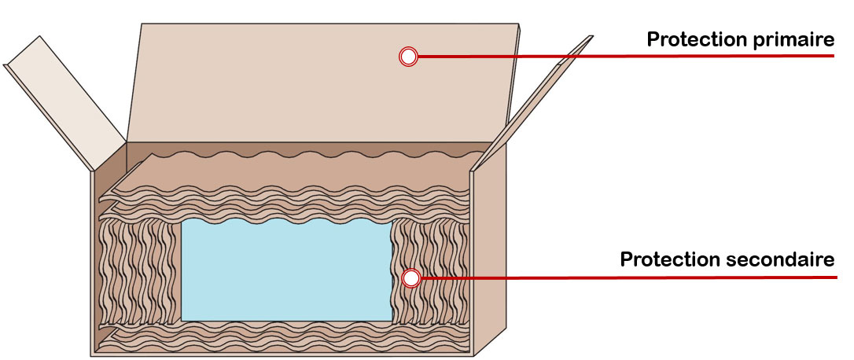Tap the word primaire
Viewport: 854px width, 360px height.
pos(795,39)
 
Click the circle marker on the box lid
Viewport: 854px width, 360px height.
pos(408,56)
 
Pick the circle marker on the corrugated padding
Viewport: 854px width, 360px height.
pos(409,278)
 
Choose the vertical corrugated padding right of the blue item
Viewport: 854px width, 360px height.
pos(433,267)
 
